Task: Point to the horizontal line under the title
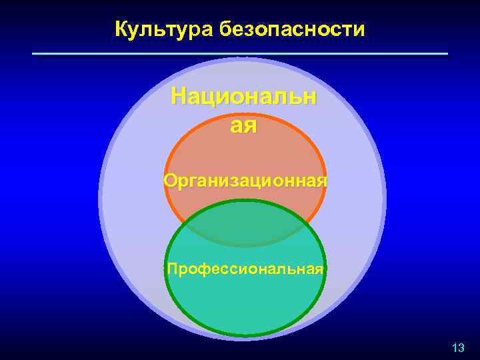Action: (240, 53)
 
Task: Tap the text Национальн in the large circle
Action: (244, 97)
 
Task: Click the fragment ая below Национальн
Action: (243, 125)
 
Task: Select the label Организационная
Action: (245, 181)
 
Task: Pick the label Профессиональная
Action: (245, 269)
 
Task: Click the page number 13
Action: (457, 347)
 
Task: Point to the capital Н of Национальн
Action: (179, 97)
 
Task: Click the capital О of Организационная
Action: (170, 181)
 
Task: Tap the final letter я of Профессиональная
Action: (320, 269)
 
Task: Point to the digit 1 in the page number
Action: (454, 347)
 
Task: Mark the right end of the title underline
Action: (447, 53)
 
